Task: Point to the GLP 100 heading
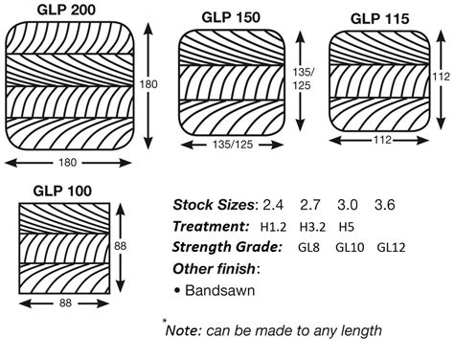[60, 191]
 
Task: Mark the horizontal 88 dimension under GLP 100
[66, 304]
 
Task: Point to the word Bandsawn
[226, 290]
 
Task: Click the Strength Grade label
[226, 247]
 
